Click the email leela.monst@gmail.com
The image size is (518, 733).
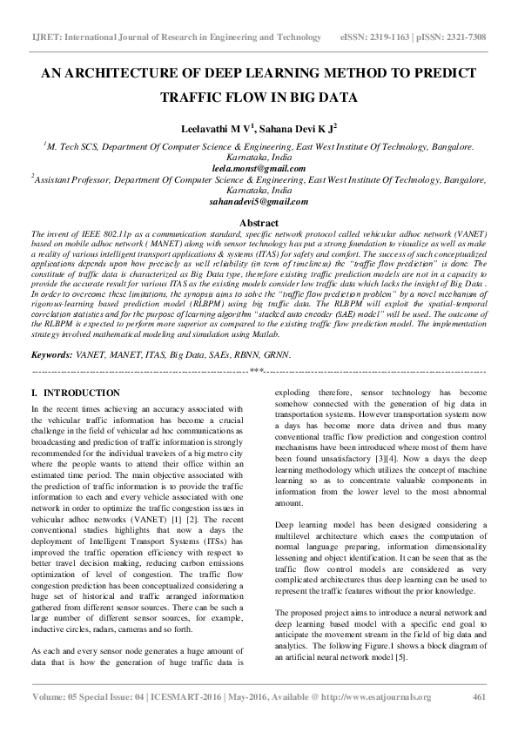(259, 166)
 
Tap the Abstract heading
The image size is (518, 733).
(259, 224)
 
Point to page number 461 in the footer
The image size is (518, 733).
(478, 722)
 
